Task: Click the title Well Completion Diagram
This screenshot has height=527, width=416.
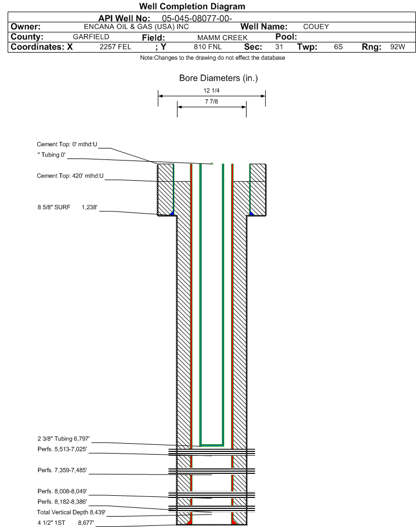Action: point(192,6)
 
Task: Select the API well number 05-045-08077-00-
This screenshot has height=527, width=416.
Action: point(197,18)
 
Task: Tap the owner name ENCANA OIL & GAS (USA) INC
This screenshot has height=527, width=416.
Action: point(136,27)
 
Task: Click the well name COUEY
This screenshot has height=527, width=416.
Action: point(316,27)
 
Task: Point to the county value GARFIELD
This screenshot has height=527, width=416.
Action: point(91,37)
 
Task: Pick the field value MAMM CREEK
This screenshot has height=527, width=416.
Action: point(223,38)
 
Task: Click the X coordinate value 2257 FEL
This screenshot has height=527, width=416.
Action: point(115,47)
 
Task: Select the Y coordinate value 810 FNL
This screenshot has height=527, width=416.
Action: point(208,47)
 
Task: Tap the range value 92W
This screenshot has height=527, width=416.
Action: point(397,47)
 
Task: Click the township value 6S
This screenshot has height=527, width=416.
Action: point(338,47)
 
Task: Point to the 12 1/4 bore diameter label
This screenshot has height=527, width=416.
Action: point(211,90)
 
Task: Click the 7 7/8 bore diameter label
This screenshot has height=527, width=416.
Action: point(211,101)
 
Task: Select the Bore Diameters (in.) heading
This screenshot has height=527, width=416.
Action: point(218,78)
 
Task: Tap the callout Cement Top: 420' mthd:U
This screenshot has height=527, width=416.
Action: point(70,176)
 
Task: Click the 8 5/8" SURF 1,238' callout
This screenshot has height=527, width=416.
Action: point(67,207)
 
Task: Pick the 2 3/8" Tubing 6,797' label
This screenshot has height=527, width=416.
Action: point(63,439)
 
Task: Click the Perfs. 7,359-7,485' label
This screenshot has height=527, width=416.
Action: point(62,470)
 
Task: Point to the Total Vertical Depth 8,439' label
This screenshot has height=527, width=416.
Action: point(71,512)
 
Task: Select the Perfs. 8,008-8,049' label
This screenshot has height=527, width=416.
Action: point(62,491)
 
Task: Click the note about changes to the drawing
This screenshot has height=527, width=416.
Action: point(213,58)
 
